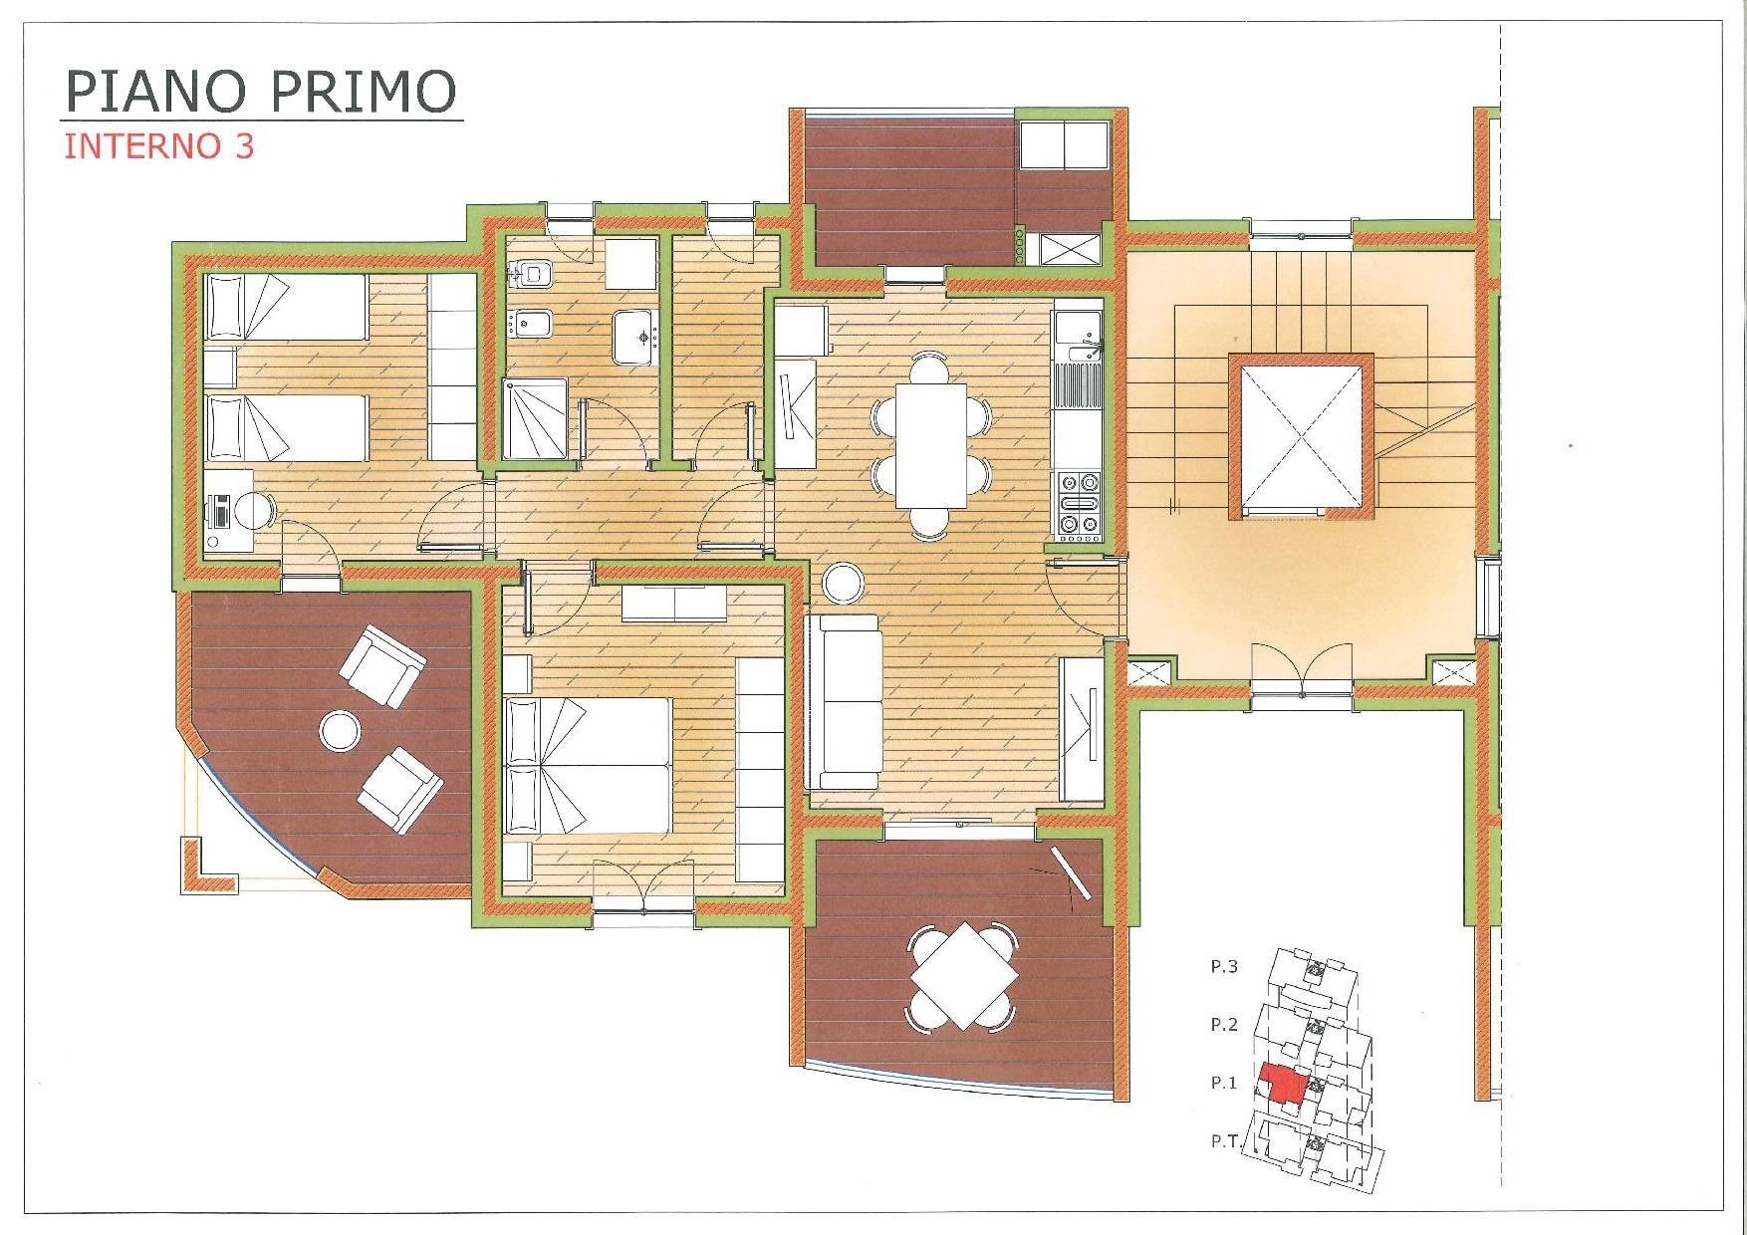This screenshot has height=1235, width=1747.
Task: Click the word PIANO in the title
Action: (x=155, y=91)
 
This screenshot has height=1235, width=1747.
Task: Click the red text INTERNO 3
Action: (x=159, y=146)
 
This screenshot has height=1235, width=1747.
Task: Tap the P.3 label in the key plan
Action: (x=1224, y=966)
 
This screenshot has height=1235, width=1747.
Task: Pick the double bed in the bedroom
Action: (x=587, y=765)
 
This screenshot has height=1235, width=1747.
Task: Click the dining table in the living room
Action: (x=931, y=445)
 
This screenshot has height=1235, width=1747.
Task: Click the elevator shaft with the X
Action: (x=1301, y=437)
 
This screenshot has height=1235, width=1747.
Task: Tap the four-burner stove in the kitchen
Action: (x=1079, y=506)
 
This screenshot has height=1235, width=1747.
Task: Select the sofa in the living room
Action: (x=845, y=701)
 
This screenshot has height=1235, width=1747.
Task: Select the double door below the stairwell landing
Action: (x=1301, y=665)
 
